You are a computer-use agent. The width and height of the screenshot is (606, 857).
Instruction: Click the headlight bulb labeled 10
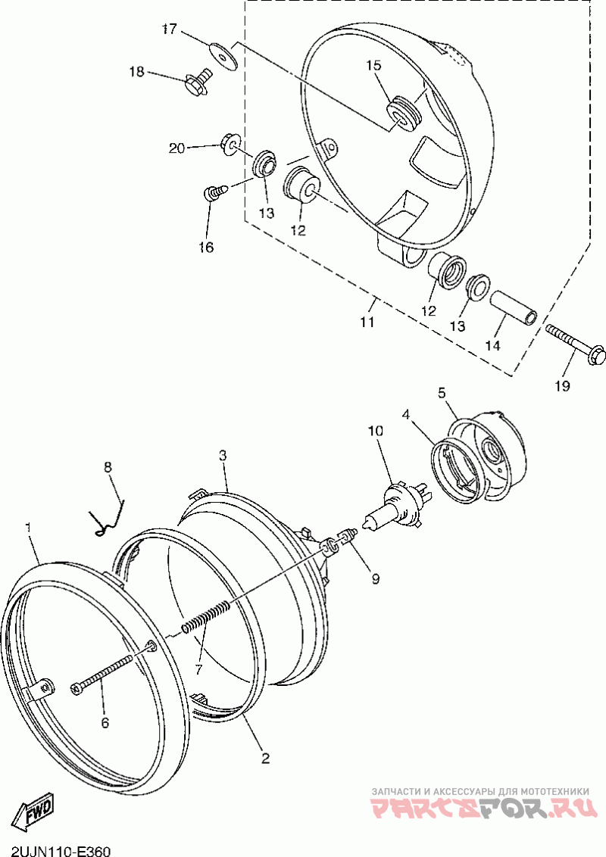(395, 503)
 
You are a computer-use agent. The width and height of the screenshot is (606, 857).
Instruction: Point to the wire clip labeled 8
(108, 517)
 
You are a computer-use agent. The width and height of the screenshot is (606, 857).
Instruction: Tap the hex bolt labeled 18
(198, 80)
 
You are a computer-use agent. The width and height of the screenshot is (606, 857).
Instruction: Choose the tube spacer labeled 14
(513, 309)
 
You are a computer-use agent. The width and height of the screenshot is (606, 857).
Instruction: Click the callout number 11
(367, 322)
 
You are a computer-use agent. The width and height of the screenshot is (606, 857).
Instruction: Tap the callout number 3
(223, 456)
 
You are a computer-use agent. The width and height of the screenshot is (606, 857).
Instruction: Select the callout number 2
(264, 759)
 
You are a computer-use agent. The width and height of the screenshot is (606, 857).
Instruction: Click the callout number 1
(28, 527)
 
